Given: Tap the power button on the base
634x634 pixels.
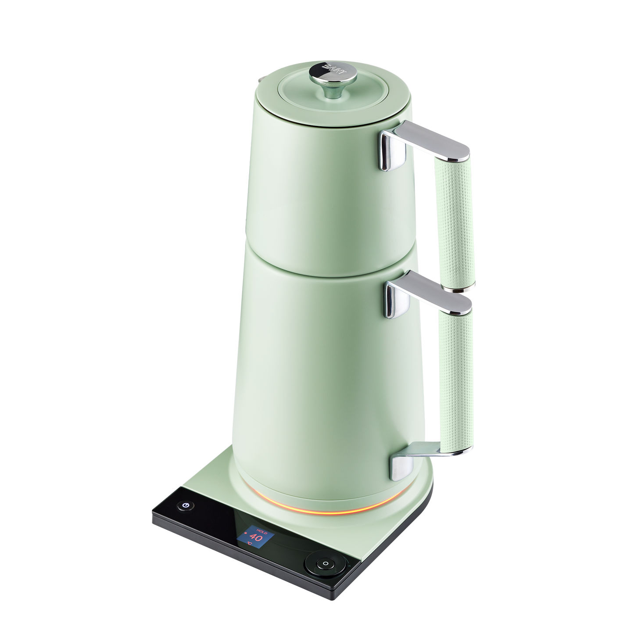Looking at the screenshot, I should point(186,506).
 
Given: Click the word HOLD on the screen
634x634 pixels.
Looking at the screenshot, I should point(255,529).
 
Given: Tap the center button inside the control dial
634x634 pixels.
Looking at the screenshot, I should point(325,564).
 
